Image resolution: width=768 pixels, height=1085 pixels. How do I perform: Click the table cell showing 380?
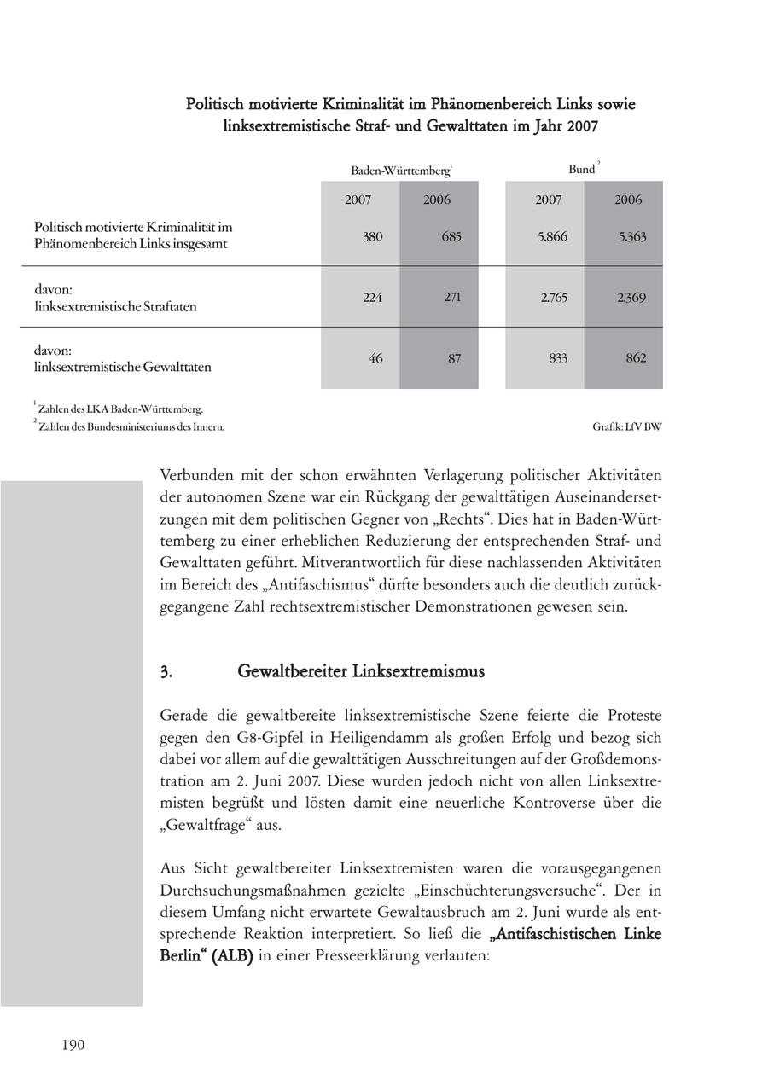(x=372, y=236)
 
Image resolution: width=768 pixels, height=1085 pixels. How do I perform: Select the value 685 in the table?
(x=451, y=236)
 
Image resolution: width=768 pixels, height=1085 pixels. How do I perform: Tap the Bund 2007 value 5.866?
(x=552, y=236)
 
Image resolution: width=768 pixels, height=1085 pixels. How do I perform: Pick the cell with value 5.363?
(x=631, y=236)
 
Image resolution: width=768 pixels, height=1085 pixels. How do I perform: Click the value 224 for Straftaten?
(x=372, y=298)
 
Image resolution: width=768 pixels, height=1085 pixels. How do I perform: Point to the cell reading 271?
(x=452, y=298)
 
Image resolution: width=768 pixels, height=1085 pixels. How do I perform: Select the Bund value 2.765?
(x=553, y=298)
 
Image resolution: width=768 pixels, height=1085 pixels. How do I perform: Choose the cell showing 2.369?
(x=631, y=298)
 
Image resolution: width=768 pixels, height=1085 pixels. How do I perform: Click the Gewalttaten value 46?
(x=375, y=358)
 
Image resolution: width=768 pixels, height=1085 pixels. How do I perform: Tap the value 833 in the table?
(x=557, y=358)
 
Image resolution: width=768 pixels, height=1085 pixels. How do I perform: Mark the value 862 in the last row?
(x=636, y=358)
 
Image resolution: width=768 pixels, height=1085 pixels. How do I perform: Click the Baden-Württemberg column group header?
(x=400, y=171)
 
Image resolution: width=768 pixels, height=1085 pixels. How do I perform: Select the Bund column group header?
(x=583, y=169)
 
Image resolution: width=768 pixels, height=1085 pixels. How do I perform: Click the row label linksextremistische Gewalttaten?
(x=122, y=368)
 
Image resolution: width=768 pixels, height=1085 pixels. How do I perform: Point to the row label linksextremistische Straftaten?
(x=115, y=306)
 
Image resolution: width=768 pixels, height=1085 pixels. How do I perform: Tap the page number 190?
(x=73, y=1045)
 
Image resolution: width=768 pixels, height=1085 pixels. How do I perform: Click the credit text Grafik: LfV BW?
(x=626, y=426)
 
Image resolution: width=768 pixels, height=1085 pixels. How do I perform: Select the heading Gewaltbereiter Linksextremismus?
(x=360, y=671)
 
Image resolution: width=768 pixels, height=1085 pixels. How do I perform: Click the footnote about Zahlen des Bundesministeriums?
(x=131, y=426)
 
